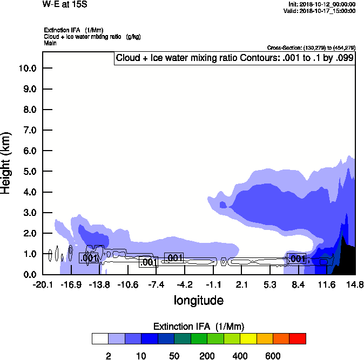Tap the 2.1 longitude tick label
[241, 284]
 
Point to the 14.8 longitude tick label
[354, 284]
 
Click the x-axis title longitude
[198, 300]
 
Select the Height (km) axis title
[6, 162]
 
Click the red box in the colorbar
[298, 339]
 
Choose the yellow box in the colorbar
[248, 339]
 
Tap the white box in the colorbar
[100, 339]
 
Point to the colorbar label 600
[273, 356]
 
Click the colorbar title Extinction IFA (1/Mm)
[198, 327]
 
